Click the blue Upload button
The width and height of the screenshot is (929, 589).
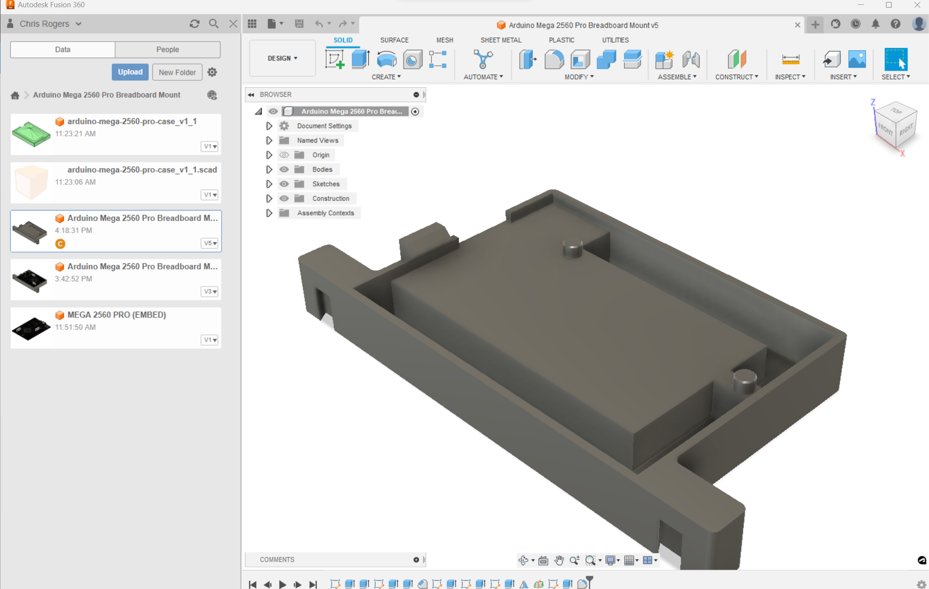coord(130,72)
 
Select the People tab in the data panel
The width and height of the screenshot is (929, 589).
coord(167,49)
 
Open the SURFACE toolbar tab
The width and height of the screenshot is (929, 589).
coord(394,40)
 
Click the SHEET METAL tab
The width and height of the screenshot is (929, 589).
coord(501,40)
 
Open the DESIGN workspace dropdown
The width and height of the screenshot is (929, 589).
coord(283,59)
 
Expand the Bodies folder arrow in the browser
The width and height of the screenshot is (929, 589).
coord(269,169)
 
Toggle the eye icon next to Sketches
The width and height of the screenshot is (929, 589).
coord(284,184)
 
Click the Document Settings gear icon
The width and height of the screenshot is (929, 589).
coord(284,126)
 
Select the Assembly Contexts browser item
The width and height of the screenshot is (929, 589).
coord(325,213)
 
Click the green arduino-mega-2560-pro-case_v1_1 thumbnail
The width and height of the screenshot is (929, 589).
coord(31,134)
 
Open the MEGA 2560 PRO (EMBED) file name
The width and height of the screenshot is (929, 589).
coord(117,315)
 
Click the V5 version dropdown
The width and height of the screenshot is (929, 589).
coord(210,243)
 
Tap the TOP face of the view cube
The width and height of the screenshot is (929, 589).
coord(896,111)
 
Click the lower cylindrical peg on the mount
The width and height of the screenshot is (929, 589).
coord(745,381)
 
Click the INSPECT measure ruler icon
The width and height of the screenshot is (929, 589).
coord(790,60)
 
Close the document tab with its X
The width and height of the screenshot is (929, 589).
coord(797,25)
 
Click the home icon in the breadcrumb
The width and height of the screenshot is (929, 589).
coord(15,95)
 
